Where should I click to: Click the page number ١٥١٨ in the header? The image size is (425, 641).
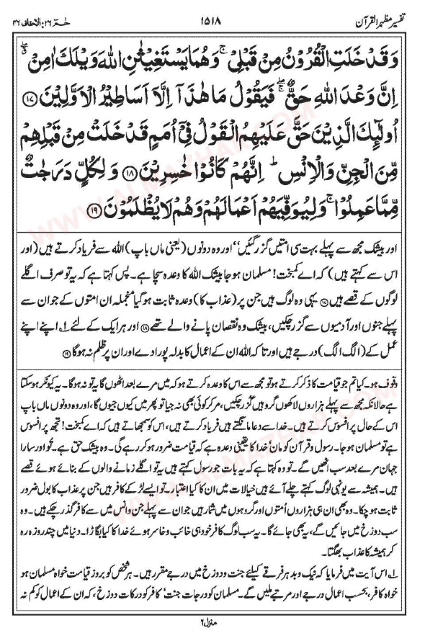(213, 21)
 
